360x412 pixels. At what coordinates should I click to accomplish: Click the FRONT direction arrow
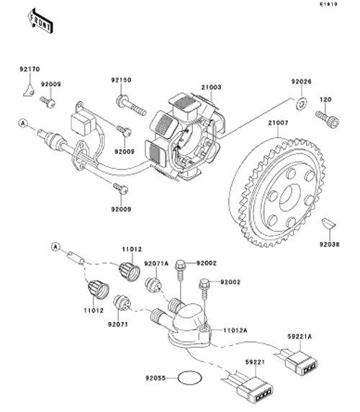[41, 21]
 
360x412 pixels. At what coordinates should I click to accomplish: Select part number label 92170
[30, 69]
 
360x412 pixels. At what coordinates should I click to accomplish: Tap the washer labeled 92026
[302, 103]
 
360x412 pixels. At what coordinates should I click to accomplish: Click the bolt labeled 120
[328, 119]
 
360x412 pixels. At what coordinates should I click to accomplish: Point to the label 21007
[278, 122]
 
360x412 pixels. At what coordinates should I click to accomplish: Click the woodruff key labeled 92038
[329, 223]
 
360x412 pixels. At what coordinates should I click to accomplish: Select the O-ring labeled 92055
[190, 378]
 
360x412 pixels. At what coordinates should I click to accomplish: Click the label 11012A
[235, 331]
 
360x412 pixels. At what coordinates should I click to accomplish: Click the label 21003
[211, 87]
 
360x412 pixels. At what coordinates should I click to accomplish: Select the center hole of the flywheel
[290, 197]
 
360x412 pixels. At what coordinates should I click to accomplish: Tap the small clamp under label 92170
[28, 90]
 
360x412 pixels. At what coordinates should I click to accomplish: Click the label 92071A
[156, 264]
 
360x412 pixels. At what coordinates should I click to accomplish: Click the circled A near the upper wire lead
[23, 123]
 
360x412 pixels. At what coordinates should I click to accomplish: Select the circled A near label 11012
[55, 247]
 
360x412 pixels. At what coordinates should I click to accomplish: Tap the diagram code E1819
[328, 4]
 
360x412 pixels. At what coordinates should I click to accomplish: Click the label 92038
[329, 244]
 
